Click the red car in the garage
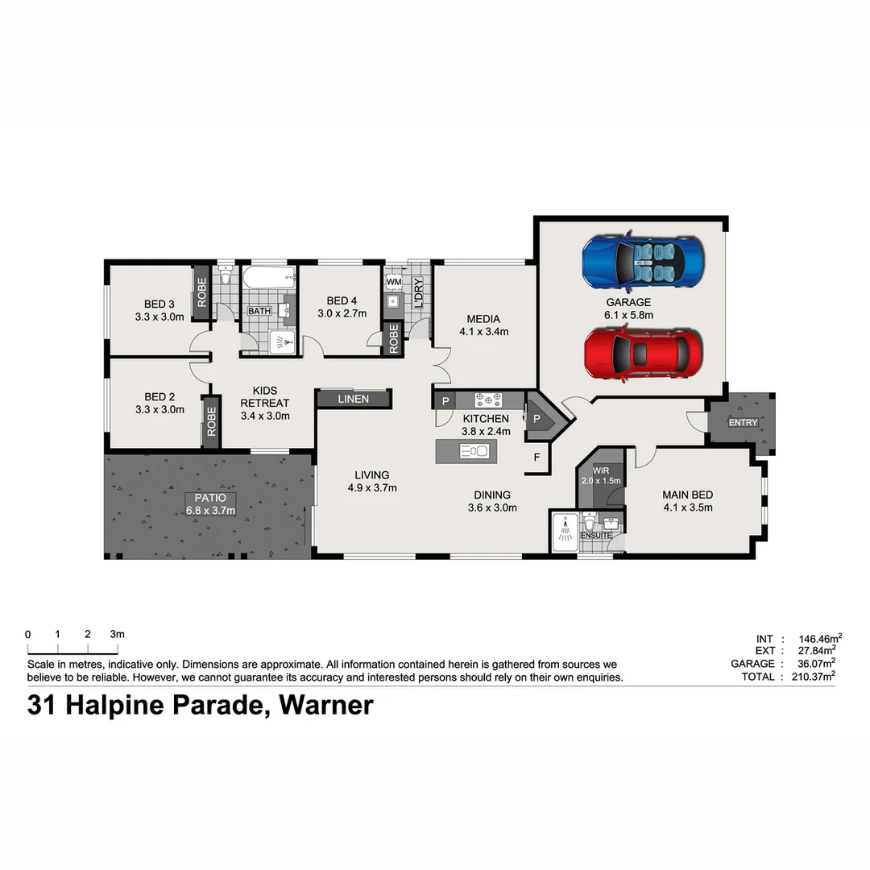(x=643, y=354)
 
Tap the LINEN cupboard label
(x=354, y=399)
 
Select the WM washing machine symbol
(x=394, y=282)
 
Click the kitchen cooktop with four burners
(x=488, y=399)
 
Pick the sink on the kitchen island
(x=472, y=451)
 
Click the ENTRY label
(x=742, y=422)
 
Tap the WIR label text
(x=600, y=470)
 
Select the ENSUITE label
(x=596, y=535)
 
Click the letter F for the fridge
(x=536, y=458)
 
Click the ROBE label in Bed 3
(x=201, y=292)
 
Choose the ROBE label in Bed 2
(x=211, y=420)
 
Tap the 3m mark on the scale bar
(x=118, y=635)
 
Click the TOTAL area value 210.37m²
(x=812, y=677)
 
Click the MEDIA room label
(x=483, y=319)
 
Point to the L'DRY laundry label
(x=417, y=292)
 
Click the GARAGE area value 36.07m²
(x=812, y=664)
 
